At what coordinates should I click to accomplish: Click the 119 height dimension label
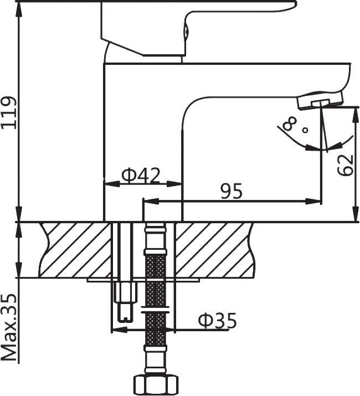pyautogui.click(x=9, y=112)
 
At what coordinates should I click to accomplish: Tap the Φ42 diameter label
pyautogui.click(x=141, y=175)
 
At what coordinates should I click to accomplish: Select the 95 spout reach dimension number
pyautogui.click(x=232, y=191)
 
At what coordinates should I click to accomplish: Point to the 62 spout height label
pyautogui.click(x=346, y=165)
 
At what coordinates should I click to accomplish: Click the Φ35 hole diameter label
pyautogui.click(x=217, y=321)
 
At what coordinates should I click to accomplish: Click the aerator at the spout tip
pyautogui.click(x=320, y=100)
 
